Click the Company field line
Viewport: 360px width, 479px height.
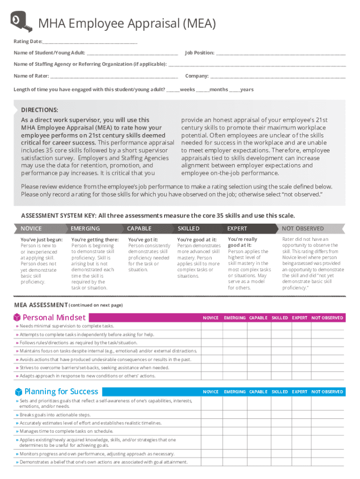tap(278, 77)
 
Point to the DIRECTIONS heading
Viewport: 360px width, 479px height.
tap(40, 110)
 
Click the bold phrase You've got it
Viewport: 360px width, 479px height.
tap(143, 239)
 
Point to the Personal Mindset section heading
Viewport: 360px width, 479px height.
tap(54, 318)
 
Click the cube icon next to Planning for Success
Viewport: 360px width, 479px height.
tap(18, 392)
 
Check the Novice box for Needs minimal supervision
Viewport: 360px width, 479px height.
tap(211, 326)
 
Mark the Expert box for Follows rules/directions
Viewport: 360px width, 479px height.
tap(300, 342)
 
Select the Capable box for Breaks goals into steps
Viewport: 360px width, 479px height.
tap(258, 415)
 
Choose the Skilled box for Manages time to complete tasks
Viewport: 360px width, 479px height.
tap(280, 431)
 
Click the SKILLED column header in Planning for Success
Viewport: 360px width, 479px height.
tap(280, 392)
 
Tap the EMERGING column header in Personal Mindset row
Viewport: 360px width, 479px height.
tap(235, 318)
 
